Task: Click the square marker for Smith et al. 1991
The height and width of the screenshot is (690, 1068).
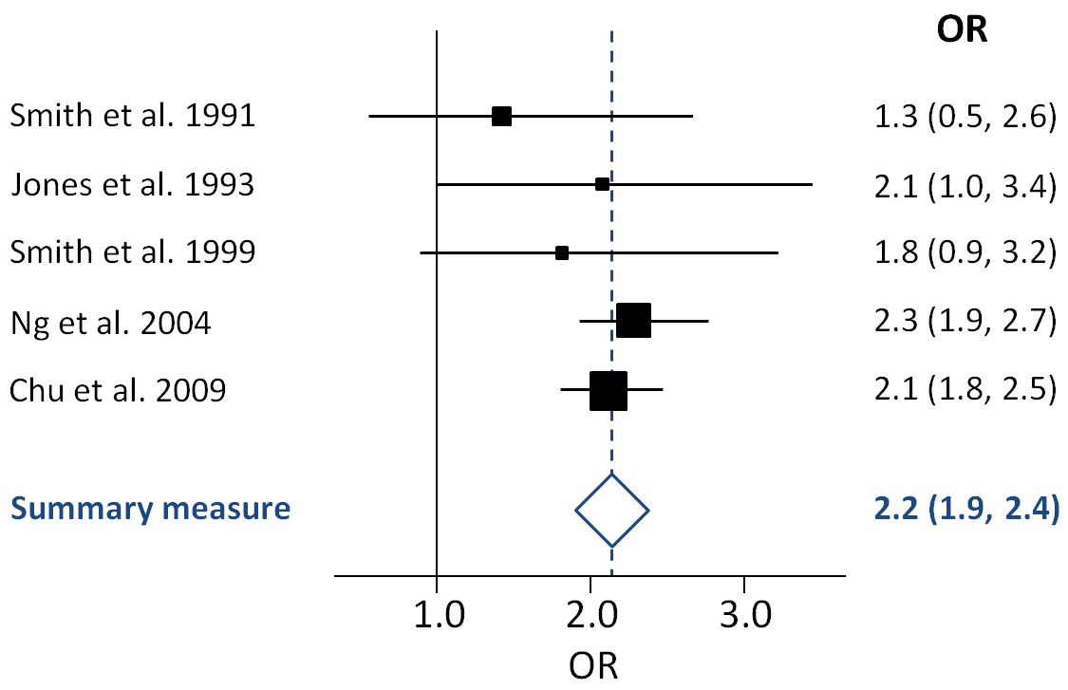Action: [x=501, y=117]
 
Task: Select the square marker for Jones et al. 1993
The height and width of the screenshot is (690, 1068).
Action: [x=602, y=184]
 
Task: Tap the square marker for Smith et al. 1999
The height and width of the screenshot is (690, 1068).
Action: [x=562, y=253]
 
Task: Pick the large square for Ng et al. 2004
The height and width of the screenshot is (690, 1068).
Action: [x=633, y=322]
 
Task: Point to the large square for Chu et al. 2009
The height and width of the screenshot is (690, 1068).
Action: [x=609, y=390]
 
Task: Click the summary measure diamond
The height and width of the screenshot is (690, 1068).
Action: [x=612, y=510]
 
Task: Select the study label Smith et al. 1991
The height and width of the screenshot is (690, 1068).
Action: [x=132, y=117]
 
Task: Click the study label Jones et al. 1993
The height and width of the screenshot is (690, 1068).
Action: [x=132, y=184]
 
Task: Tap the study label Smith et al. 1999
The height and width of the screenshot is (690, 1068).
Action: [x=132, y=253]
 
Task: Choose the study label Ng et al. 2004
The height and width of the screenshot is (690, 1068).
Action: [x=110, y=324]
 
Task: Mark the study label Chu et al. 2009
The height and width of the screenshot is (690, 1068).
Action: [x=118, y=390]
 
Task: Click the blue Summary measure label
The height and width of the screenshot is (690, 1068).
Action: [x=150, y=510]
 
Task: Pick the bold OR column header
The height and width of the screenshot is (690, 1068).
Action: [x=962, y=30]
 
